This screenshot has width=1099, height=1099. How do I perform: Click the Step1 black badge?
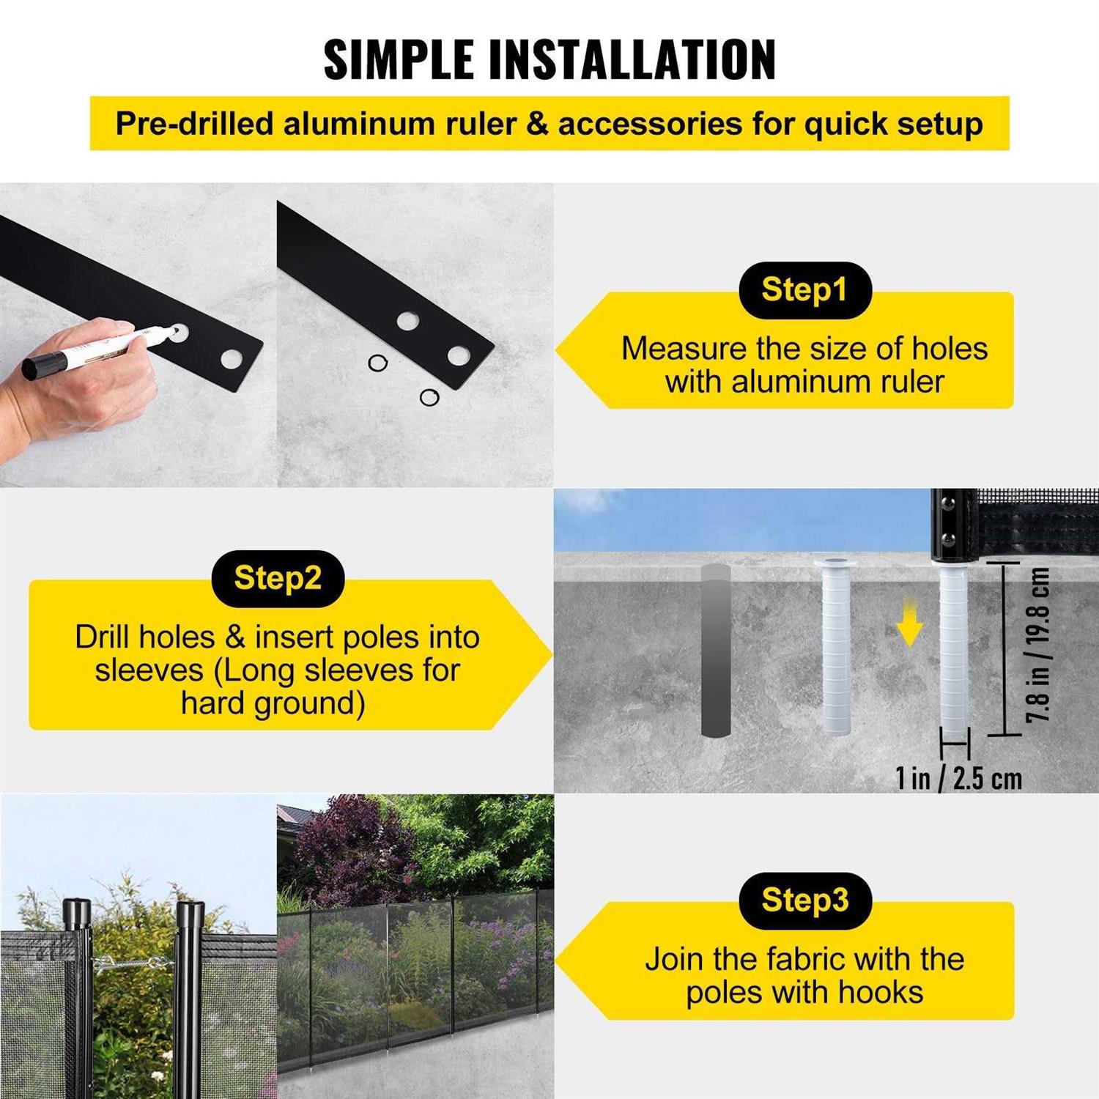804,290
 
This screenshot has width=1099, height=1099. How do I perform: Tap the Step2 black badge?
278,579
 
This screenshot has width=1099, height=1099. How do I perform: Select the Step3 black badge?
804,900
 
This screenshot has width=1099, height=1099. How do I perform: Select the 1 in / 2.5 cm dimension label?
958,778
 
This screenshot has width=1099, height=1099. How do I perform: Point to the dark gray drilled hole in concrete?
716,650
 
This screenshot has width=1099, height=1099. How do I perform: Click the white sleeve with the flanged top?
837,645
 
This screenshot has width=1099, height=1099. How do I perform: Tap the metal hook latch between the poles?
132,962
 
